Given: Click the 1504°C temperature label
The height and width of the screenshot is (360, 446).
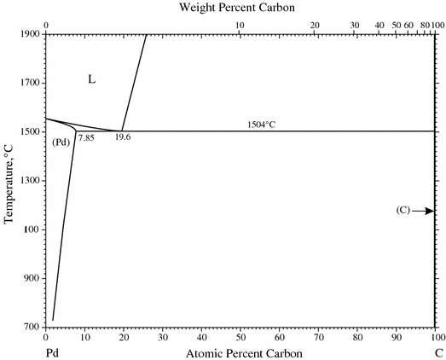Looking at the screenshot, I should (x=262, y=125).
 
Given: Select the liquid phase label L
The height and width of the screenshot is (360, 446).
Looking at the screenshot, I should (x=91, y=79).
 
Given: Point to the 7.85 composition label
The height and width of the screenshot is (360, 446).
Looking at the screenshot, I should (x=86, y=137).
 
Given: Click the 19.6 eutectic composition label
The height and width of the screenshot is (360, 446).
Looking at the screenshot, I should (x=123, y=137).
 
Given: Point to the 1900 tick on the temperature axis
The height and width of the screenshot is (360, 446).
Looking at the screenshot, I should (x=31, y=34).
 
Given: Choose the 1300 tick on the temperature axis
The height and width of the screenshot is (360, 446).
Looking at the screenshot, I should (x=31, y=181).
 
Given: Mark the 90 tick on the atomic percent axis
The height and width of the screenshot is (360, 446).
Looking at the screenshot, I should (x=397, y=336).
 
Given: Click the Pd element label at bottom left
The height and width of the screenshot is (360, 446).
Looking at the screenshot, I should (x=50, y=351).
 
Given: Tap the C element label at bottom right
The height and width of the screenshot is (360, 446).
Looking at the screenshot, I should (x=436, y=351).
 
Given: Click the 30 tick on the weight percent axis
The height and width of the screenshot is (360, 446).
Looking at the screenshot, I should (x=354, y=26).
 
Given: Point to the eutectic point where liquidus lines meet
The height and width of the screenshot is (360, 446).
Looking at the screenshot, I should (x=122, y=131).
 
